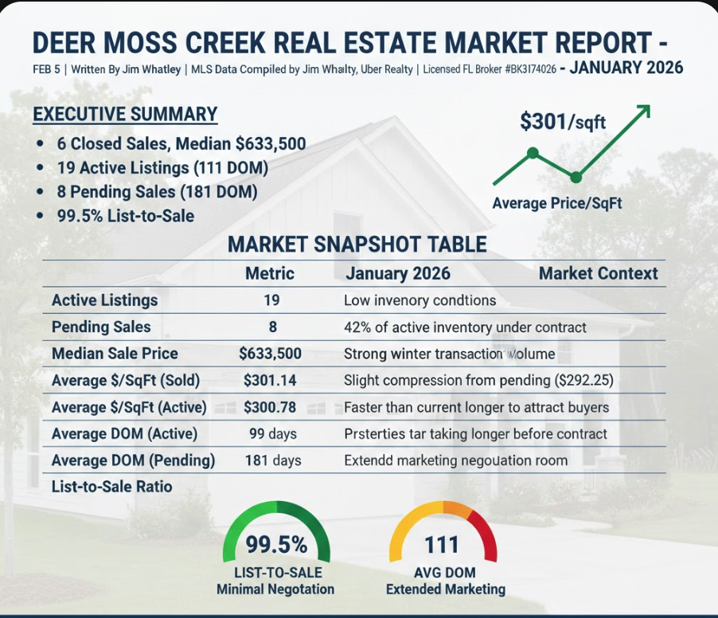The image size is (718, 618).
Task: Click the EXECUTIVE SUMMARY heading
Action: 125,114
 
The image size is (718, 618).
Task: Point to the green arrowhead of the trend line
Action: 644,110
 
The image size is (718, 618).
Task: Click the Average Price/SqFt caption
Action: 556,203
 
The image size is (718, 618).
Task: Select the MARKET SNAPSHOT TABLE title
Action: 357,244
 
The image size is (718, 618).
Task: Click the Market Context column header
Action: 598,273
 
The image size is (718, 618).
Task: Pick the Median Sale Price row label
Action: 115,354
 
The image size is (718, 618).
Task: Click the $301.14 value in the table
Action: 270,381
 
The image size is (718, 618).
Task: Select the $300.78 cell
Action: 270,407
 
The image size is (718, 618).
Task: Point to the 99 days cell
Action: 272,434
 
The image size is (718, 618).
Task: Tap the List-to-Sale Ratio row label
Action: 111,486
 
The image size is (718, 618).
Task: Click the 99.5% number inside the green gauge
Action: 275,545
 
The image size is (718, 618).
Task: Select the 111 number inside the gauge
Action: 442,545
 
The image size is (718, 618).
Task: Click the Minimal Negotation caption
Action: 275,589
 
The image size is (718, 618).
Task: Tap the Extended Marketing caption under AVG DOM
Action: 445,589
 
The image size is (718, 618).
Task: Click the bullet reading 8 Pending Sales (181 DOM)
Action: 157,192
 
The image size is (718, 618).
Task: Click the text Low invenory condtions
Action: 419,300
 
